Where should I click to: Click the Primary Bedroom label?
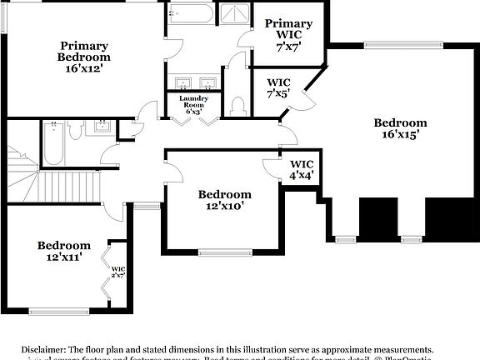click(x=84, y=52)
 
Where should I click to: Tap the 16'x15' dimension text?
click(x=401, y=132)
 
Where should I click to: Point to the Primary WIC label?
click(x=289, y=23)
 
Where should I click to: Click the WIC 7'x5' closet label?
click(x=278, y=88)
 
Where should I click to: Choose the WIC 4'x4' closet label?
click(x=301, y=170)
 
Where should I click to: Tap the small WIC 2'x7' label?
click(x=117, y=272)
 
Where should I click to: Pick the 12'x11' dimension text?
click(x=63, y=258)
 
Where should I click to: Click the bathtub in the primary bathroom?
click(x=190, y=16)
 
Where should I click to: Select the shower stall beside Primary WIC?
click(x=237, y=16)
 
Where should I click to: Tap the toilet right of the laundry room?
click(x=237, y=106)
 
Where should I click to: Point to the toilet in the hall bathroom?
click(x=75, y=130)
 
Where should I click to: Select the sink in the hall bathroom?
click(x=102, y=127)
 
